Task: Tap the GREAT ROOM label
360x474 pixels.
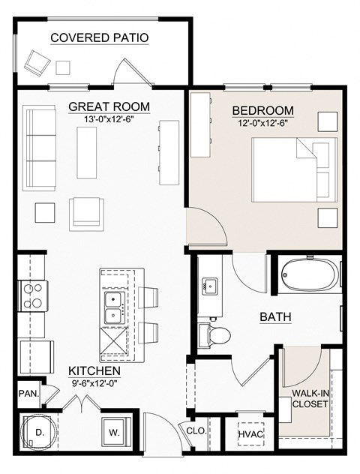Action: click(109, 106)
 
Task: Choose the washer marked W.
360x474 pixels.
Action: click(114, 433)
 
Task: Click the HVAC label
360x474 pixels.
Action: click(249, 434)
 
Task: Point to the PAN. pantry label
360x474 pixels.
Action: click(27, 393)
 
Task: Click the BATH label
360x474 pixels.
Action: click(275, 316)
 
